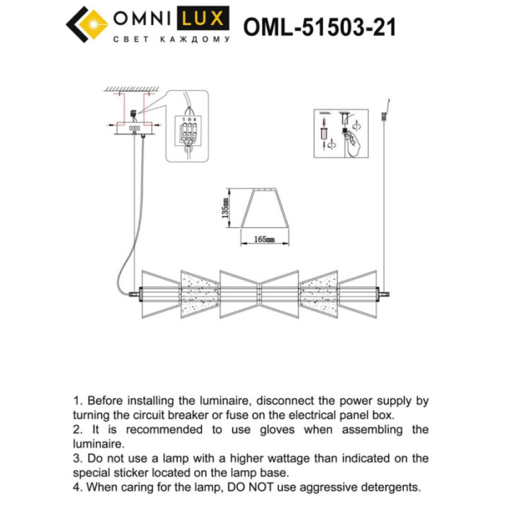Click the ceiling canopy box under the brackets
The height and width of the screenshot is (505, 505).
point(134,128)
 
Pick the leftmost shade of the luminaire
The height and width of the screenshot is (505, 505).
point(159,294)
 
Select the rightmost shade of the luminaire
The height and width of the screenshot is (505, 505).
point(359,294)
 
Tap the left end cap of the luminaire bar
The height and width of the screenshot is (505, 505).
point(135,294)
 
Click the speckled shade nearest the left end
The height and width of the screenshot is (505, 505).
point(199,294)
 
